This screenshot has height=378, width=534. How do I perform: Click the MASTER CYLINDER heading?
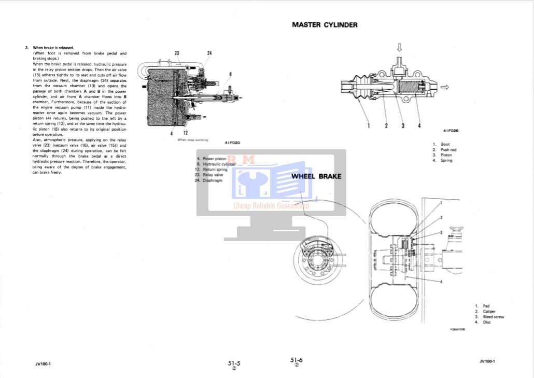pos(325,24)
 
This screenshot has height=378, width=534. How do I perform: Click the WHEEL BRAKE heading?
pos(316,176)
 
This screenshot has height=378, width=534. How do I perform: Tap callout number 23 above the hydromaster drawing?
pos(177,53)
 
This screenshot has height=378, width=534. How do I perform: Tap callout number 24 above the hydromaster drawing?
pos(209,53)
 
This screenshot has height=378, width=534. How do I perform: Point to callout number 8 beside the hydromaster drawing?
pos(230,74)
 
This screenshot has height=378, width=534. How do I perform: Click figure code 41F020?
pos(232,143)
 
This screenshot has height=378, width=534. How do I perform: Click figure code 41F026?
pos(451,131)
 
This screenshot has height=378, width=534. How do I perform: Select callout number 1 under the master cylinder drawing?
pos(369,125)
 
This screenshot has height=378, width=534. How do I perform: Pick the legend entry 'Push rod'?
pos(448,150)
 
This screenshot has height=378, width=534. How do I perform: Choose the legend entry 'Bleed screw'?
pos(493,317)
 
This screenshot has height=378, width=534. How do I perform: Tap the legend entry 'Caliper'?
pos(489,312)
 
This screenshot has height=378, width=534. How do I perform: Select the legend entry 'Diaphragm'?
pos(212,180)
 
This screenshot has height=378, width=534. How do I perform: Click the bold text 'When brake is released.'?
pos(53,48)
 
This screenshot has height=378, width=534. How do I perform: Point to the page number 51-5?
pos(234,363)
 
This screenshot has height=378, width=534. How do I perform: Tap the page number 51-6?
pos(297,359)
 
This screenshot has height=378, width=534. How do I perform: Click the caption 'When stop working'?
pos(192,140)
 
